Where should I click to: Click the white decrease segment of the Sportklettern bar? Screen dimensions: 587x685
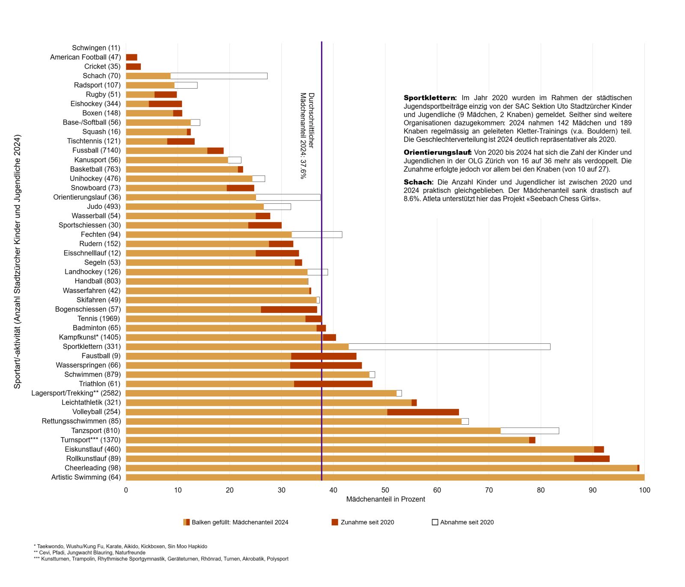tap(450, 347)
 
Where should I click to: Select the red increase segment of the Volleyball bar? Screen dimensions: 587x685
tap(423, 412)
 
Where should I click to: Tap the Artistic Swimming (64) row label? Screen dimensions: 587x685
tap(86, 477)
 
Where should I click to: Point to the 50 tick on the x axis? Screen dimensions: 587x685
tap(385, 490)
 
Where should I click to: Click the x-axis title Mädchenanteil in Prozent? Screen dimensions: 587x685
tap(385, 499)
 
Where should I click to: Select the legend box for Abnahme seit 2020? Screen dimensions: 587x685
tap(435, 522)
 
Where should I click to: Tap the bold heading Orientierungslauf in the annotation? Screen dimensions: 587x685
tap(437, 152)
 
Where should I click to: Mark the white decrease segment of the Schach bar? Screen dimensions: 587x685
tap(219, 76)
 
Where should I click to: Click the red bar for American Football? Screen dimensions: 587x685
tap(131, 57)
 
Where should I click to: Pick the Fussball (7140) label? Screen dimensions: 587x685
tap(96, 151)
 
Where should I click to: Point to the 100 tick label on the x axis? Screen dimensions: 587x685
tap(644, 490)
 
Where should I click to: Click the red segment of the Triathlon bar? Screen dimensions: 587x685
tap(333, 384)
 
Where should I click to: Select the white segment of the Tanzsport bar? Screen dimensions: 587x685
tap(530, 431)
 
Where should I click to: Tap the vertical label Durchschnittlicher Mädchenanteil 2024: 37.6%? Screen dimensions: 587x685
tap(307, 135)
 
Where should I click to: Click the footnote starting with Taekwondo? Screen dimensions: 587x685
tap(120, 547)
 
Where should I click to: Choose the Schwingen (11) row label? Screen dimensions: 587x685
tap(96, 48)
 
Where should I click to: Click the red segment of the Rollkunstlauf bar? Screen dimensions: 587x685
tap(592, 459)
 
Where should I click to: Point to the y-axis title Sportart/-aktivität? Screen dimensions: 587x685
tap(17, 262)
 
